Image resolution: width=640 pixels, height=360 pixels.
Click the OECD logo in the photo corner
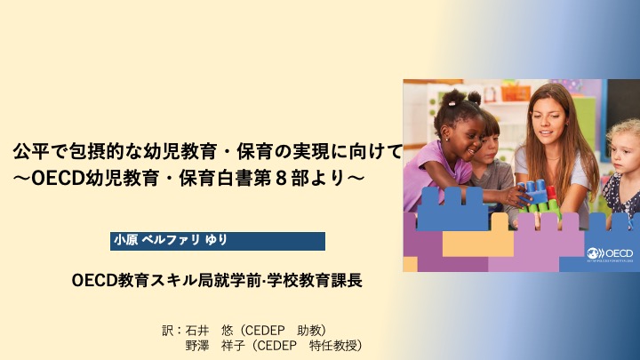610,254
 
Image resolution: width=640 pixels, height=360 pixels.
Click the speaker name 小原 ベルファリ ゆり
170,240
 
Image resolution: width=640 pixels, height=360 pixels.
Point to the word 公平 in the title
28,151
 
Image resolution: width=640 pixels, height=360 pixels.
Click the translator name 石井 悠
209,330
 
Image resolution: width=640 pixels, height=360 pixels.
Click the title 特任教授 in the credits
333,346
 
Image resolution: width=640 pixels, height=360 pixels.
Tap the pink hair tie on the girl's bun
452,103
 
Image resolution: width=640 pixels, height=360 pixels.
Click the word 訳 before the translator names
167,330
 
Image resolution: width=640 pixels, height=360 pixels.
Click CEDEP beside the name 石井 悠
265,330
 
